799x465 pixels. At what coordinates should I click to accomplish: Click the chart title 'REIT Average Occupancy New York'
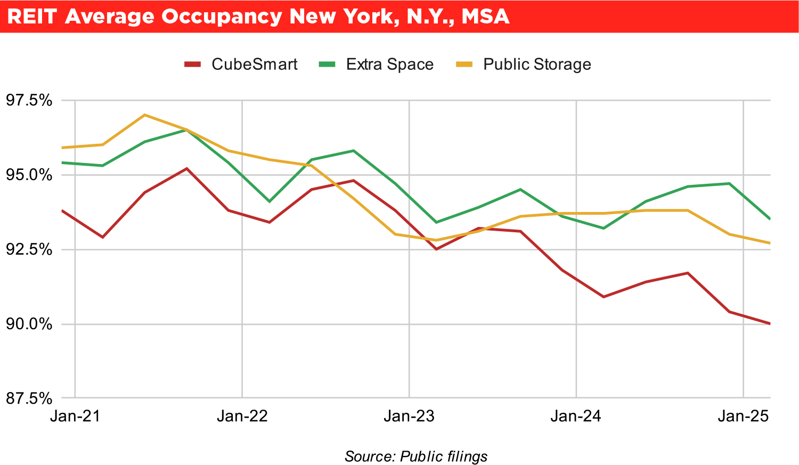258,17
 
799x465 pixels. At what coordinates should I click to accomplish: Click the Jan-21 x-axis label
75,416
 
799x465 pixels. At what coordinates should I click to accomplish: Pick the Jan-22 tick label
242,416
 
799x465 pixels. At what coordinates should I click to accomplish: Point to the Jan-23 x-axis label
409,416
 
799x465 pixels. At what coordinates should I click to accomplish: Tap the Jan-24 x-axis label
576,416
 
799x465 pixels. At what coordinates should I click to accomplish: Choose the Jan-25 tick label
743,416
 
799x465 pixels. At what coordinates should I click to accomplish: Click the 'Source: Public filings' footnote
416,456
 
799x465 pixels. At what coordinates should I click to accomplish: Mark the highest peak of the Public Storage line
144,115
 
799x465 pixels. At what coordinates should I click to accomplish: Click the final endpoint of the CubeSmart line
770,323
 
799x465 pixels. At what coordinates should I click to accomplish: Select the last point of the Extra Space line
770,218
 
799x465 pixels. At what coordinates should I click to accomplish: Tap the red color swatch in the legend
192,64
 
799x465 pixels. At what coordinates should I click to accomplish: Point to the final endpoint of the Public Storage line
770,243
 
